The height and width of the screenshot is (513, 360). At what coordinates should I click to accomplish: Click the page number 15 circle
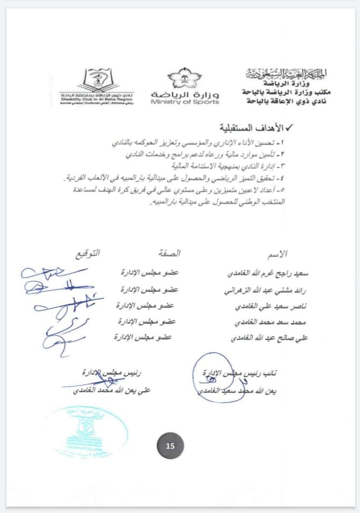(170, 446)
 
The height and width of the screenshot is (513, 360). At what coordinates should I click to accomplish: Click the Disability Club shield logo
(97, 79)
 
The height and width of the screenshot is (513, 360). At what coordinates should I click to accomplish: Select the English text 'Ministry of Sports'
(185, 101)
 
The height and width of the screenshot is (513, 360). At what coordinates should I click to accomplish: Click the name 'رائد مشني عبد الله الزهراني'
(266, 290)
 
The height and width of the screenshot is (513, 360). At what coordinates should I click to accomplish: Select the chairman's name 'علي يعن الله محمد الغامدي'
(112, 391)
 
